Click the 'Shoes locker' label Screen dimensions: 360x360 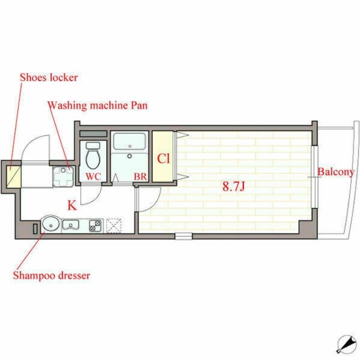coord(49,78)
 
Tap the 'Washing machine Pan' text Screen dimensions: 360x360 coord(97,106)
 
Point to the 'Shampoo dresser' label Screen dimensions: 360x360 coord(52,275)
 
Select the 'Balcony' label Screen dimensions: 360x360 coord(336,172)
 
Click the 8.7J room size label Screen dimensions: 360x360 coord(233,187)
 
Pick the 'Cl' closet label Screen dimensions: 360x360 coord(163,159)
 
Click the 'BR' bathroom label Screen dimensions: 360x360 coord(139,176)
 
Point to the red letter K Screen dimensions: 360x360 coord(72,204)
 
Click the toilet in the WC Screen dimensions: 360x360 coord(93,155)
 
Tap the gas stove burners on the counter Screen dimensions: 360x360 coord(95,226)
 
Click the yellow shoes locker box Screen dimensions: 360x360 coord(14,176)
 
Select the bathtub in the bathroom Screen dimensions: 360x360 coord(129,142)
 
